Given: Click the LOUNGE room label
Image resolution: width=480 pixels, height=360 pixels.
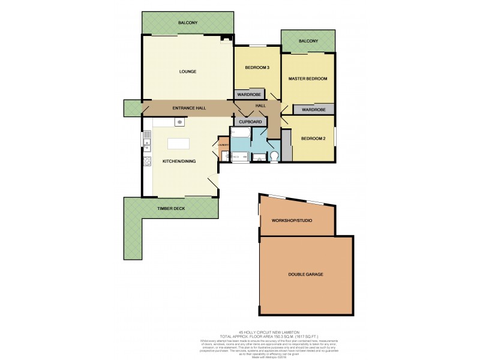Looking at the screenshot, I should coord(187,72).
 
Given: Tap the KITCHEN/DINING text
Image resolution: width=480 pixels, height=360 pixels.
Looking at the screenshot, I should coord(178,161).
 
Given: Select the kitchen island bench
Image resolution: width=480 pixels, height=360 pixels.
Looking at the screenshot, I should coord(178,144).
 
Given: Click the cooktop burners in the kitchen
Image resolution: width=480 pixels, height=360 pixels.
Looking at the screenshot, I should coord(146,161).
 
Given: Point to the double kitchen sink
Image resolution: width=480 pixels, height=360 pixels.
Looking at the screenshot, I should coord(146,142).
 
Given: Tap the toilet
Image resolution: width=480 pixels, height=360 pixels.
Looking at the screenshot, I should coord(275,157).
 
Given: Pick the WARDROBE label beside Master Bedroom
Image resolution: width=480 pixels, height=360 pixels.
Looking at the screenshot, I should coord(313,110).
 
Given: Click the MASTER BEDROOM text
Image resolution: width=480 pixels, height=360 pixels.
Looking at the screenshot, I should coord(307,79).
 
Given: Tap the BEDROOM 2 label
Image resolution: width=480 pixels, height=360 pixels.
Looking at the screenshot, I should coord(313,139).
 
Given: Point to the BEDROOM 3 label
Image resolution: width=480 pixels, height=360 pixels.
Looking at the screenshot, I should coord(257,68).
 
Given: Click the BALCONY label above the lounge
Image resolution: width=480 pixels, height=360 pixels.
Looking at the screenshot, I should coord(187,23).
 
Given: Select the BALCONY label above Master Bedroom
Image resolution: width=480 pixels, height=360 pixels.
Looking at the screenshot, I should coord(308,41).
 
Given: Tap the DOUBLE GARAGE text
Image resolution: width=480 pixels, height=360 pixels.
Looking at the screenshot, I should coord(305,274).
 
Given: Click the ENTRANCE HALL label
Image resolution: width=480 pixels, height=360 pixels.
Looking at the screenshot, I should coord(189,108).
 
